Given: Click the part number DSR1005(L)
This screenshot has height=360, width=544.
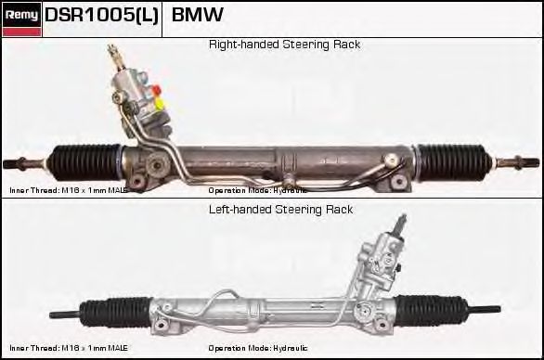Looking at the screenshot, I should click(101, 16).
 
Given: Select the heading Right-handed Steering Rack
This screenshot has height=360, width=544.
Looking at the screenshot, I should click(284, 45).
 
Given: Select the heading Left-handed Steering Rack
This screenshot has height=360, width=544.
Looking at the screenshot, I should click(279, 210).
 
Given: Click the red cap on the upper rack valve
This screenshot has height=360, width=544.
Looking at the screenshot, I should click(157, 90).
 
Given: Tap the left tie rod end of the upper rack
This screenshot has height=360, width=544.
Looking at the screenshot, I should click(20, 165).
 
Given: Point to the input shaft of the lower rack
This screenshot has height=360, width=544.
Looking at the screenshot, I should click(401, 224).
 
